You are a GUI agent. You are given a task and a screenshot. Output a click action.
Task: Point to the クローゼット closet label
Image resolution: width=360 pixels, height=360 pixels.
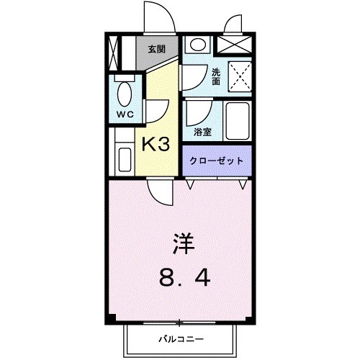tap(217, 161)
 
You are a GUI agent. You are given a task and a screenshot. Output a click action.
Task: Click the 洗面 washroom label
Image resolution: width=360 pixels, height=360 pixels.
tap(217, 76)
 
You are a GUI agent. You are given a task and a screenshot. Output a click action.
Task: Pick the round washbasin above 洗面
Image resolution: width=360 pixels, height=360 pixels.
tap(197, 45)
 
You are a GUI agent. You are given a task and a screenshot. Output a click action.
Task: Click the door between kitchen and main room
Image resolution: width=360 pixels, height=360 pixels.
tap(160, 191)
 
